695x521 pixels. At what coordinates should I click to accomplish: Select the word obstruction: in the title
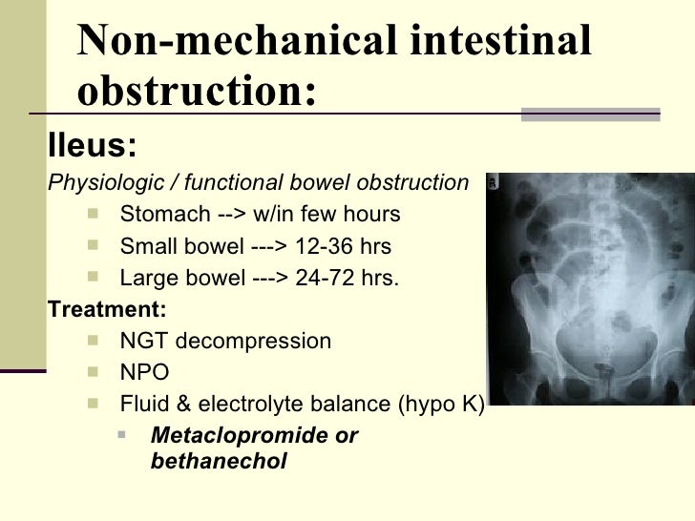(x=196, y=92)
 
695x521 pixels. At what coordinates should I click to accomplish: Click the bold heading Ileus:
(x=92, y=146)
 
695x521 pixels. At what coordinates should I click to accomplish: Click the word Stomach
(x=158, y=214)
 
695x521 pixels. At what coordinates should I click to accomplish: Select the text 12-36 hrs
(x=344, y=247)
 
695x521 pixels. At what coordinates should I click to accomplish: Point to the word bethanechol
(x=219, y=462)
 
